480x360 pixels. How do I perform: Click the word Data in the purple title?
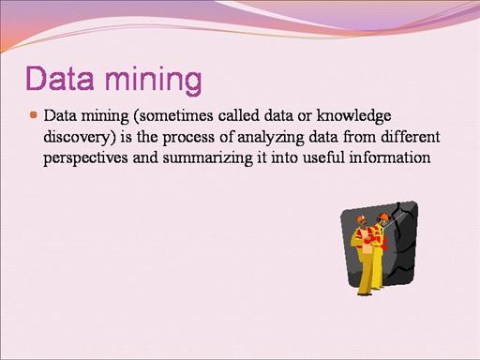coord(60,78)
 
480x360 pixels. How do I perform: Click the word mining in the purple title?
coord(153,80)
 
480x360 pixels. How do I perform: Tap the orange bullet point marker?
coord(34,115)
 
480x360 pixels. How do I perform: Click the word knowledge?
coord(353,116)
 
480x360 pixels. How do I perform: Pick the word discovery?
coord(80,137)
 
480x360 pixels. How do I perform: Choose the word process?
coord(188,138)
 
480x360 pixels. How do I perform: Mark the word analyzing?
coord(271,138)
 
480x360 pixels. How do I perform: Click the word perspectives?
coord(85,158)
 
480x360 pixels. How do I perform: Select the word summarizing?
coord(207,158)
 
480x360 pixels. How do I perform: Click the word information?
coord(390,157)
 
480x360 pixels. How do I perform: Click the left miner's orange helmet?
coord(361,218)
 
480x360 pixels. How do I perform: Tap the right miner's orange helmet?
coord(383,217)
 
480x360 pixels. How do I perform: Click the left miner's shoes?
coord(365,293)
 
